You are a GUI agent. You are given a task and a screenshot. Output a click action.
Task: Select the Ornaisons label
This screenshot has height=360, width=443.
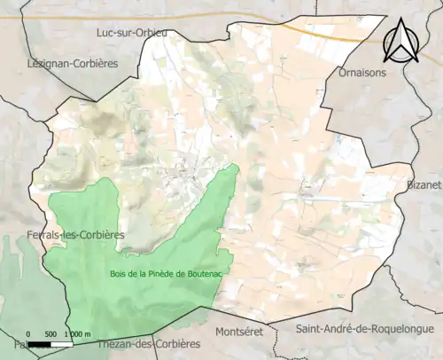362,73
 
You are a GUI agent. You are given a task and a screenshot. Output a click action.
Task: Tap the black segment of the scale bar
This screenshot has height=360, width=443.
41,342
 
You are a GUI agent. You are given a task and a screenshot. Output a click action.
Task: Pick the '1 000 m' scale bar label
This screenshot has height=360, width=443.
77,333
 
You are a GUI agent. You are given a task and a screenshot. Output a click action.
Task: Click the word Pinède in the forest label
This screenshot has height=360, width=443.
156,273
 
